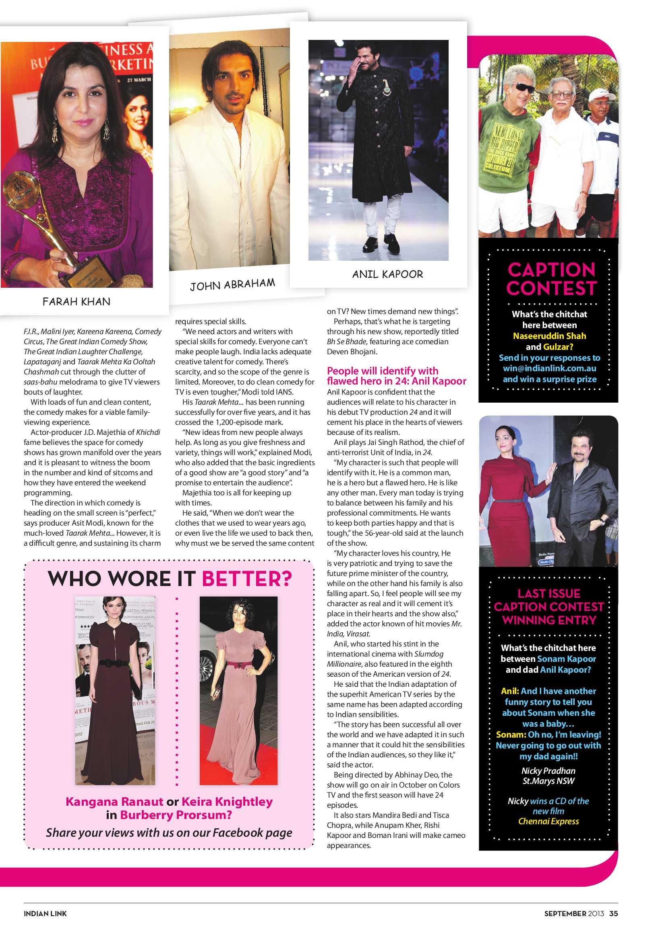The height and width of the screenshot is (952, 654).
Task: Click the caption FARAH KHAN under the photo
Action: click(x=76, y=302)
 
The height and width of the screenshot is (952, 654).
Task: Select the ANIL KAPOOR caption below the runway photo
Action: click(x=387, y=274)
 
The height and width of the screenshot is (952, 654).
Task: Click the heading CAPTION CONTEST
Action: click(x=551, y=279)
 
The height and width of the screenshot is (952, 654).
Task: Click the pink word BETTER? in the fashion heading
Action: click(x=247, y=578)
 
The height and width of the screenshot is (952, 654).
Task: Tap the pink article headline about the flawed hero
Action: click(x=396, y=376)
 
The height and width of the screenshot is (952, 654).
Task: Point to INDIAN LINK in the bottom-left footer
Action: click(x=45, y=922)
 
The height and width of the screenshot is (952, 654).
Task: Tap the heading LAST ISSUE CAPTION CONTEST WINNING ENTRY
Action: click(x=548, y=607)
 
